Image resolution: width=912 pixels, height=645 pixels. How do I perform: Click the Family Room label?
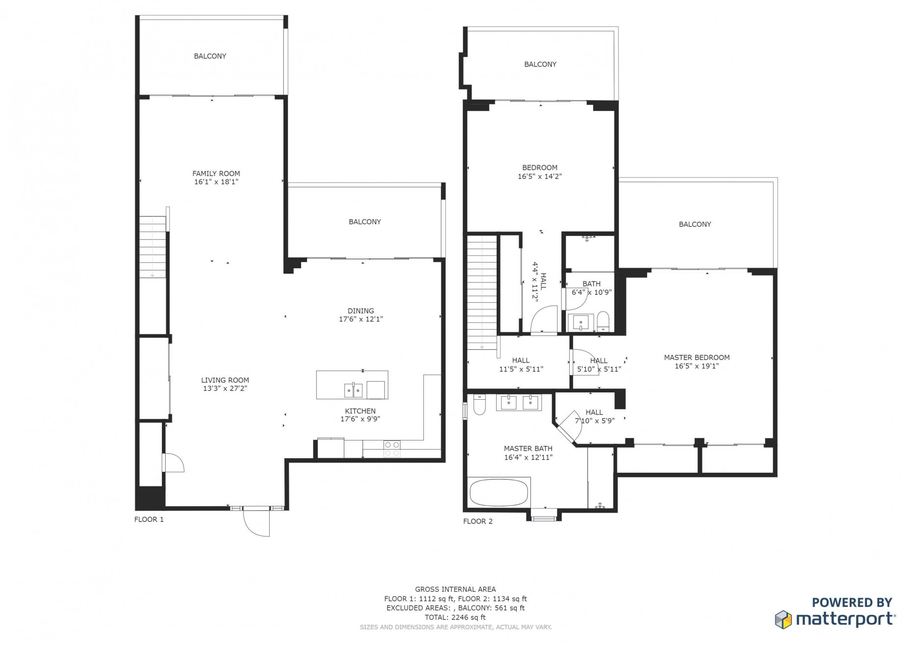click(216, 174)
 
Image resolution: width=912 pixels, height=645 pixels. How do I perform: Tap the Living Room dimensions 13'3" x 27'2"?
click(225, 388)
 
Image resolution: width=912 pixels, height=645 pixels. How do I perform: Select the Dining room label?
click(361, 311)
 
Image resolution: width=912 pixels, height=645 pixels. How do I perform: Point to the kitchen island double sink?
click(354, 390)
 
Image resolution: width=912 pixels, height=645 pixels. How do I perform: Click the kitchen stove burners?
click(392, 449)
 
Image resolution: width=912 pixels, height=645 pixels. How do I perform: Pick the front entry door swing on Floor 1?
click(256, 522)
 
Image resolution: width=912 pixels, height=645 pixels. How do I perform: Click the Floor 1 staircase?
click(152, 248)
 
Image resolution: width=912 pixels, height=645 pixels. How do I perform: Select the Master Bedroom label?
click(697, 358)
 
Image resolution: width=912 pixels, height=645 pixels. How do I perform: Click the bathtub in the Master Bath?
click(499, 492)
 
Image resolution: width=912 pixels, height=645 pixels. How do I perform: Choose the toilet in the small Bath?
click(603, 322)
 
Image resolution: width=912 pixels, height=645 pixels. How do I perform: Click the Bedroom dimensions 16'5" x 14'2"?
click(540, 177)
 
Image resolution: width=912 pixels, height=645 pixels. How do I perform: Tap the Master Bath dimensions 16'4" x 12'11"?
click(528, 457)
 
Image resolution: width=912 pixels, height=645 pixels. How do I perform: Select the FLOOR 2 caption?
click(478, 521)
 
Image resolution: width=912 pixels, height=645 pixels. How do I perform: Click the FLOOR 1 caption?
click(149, 519)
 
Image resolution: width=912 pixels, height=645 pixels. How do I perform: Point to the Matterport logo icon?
click(784, 619)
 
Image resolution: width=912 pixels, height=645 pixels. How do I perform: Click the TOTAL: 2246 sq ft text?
click(456, 618)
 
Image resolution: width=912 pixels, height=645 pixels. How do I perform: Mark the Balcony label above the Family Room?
click(210, 56)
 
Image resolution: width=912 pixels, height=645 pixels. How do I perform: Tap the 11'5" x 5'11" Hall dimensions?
click(521, 369)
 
